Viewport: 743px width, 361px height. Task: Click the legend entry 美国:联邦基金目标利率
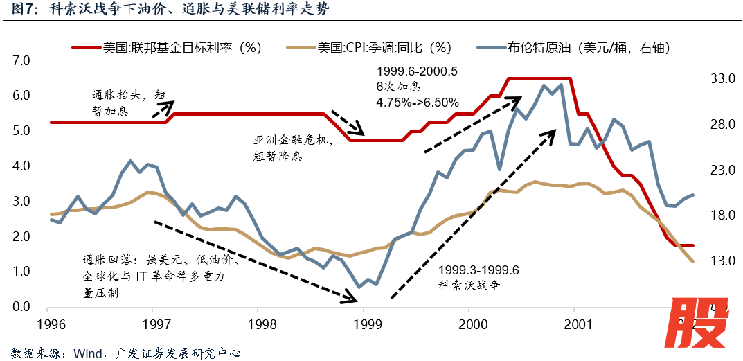181,48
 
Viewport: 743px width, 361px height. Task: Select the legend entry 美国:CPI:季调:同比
384,48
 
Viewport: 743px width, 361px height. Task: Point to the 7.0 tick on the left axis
21,60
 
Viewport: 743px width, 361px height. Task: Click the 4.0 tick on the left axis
21,166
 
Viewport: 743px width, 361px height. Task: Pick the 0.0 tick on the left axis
21,308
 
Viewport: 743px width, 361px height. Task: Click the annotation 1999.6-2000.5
418,71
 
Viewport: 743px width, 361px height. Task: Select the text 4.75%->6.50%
418,102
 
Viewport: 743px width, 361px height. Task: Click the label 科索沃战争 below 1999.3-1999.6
469,285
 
